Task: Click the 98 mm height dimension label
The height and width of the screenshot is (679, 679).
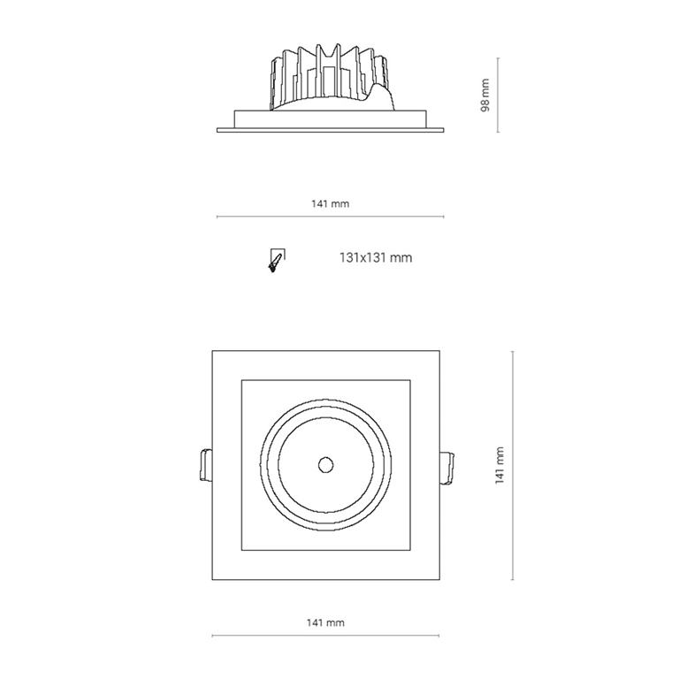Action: pyautogui.click(x=485, y=95)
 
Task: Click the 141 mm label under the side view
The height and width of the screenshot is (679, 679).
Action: pyautogui.click(x=331, y=203)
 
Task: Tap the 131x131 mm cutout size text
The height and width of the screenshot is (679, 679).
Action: pyautogui.click(x=376, y=257)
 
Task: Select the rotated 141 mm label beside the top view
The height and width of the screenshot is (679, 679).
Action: pyautogui.click(x=500, y=466)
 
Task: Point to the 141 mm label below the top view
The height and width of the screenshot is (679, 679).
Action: pyautogui.click(x=325, y=622)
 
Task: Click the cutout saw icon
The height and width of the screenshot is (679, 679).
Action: pyautogui.click(x=276, y=260)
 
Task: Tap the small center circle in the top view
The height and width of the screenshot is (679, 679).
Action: pyautogui.click(x=325, y=465)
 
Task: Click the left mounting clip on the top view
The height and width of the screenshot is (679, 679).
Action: pyautogui.click(x=205, y=466)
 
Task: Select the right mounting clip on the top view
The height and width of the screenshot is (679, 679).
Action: pyautogui.click(x=446, y=468)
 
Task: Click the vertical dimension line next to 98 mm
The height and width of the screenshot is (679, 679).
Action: pyautogui.click(x=498, y=95)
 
